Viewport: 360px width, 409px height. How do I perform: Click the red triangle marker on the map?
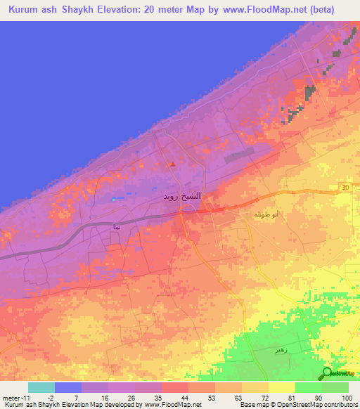(x=172, y=164)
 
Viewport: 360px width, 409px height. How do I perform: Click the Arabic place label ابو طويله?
(x=255, y=214)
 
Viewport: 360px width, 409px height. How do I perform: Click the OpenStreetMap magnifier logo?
(x=327, y=373)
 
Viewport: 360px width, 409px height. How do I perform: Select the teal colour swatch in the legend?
(x=41, y=387)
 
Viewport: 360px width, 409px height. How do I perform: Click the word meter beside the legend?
(x=10, y=398)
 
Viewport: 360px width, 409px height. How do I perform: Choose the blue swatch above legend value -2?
(x=67, y=387)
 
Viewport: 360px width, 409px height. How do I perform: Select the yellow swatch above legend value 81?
(x=282, y=387)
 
